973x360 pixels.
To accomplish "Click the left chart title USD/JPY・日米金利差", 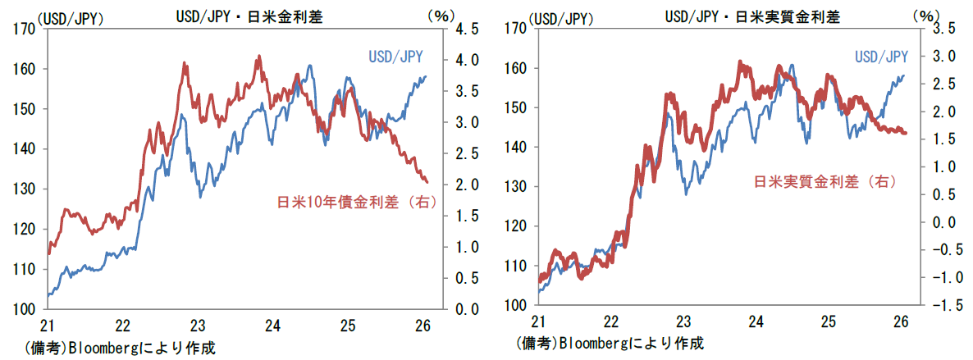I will pyautogui.click(x=244, y=15).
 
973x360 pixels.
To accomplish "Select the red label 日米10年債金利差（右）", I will pyautogui.click(x=355, y=201).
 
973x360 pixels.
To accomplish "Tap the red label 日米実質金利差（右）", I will pyautogui.click(x=823, y=180).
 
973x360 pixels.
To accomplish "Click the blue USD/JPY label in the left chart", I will pyautogui.click(x=394, y=56).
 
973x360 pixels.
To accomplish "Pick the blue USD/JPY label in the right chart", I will pyautogui.click(x=881, y=56).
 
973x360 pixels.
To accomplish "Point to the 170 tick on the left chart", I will pyautogui.click(x=25, y=29).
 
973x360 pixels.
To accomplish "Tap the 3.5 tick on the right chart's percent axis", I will pyautogui.click(x=950, y=29).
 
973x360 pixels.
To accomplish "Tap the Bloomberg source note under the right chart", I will pyautogui.click(x=610, y=342).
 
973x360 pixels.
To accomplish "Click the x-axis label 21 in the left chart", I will pyautogui.click(x=49, y=325).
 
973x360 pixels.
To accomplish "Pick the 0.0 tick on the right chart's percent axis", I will pyautogui.click(x=950, y=222).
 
